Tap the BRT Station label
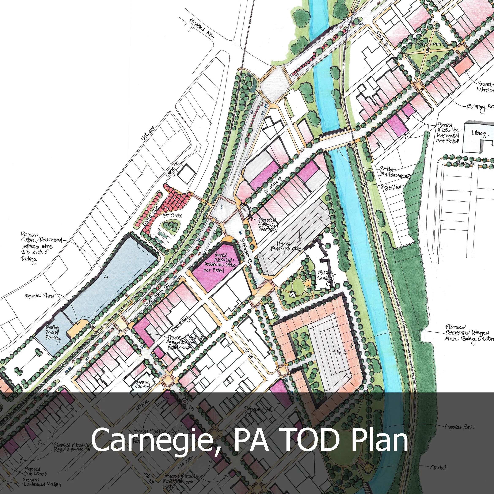(x=173, y=216)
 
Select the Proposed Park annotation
(x=459, y=427)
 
